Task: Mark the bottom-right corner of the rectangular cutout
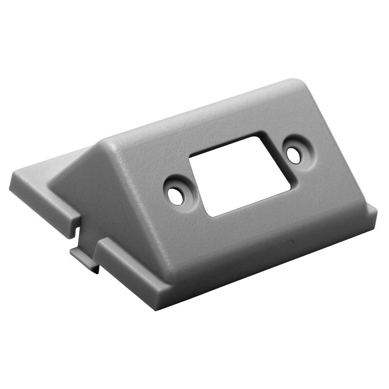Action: [x=290, y=191]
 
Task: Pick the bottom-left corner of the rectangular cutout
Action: [x=208, y=216]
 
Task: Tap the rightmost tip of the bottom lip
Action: [x=376, y=212]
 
